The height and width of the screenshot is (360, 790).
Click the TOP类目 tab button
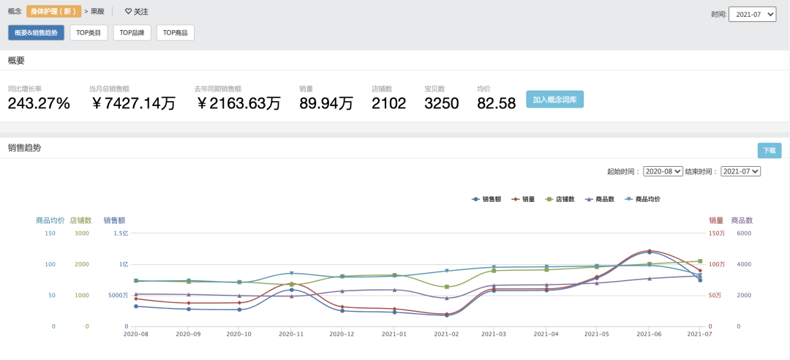pyautogui.click(x=89, y=33)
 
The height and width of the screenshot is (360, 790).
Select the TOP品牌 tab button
pyautogui.click(x=132, y=33)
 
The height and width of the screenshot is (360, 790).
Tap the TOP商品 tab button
pyautogui.click(x=176, y=33)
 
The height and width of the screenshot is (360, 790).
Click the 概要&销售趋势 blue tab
pyautogui.click(x=37, y=33)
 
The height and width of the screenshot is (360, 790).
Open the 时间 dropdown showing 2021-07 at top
pyautogui.click(x=753, y=15)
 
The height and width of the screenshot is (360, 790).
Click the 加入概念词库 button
pyautogui.click(x=554, y=99)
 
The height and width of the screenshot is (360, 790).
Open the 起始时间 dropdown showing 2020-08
pyautogui.click(x=663, y=171)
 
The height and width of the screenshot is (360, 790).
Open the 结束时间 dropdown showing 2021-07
pyautogui.click(x=740, y=171)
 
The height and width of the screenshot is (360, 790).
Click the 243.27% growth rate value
pyautogui.click(x=39, y=103)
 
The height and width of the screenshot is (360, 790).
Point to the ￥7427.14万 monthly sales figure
pyautogui.click(x=133, y=103)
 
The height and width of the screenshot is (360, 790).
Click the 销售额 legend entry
pyautogui.click(x=486, y=199)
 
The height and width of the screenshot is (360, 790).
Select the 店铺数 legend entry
pyautogui.click(x=560, y=199)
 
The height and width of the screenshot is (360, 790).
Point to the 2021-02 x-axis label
pyautogui.click(x=446, y=334)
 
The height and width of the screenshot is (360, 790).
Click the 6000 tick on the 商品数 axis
pyautogui.click(x=744, y=233)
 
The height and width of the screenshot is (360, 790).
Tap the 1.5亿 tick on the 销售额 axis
pyautogui.click(x=121, y=233)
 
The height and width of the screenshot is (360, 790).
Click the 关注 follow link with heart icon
pyautogui.click(x=137, y=12)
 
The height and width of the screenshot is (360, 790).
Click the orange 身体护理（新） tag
pyautogui.click(x=53, y=12)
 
